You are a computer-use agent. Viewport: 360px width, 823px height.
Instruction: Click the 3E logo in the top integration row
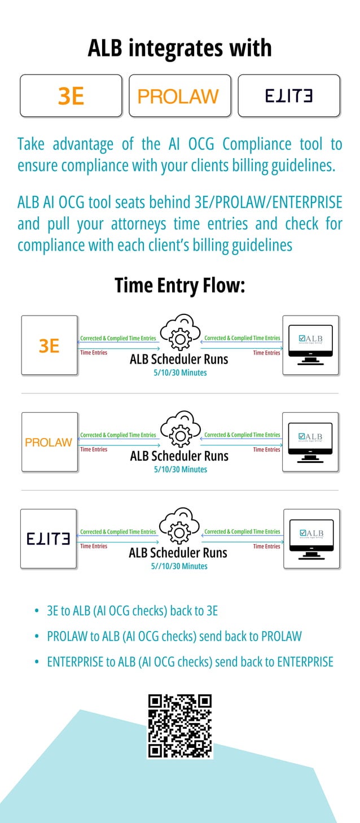pos(71,96)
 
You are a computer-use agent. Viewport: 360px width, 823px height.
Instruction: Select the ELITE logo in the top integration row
pos(288,96)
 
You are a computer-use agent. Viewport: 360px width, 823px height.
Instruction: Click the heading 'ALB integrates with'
pos(179,48)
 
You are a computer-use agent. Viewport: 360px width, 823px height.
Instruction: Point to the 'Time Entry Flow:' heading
pos(179,285)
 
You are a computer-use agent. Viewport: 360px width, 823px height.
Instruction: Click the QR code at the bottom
pos(179,726)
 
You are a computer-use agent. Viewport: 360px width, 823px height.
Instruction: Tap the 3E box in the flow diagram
pos(50,345)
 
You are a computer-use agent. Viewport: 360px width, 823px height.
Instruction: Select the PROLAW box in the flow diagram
pos(50,442)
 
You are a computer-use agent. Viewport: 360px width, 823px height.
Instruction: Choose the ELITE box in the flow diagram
pos(49,539)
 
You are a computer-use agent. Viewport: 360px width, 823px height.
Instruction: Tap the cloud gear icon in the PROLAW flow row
pos(179,431)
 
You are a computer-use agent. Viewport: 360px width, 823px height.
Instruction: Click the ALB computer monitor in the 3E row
pos(310,345)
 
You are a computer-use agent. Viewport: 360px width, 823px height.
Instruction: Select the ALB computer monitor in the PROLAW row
pos(310,442)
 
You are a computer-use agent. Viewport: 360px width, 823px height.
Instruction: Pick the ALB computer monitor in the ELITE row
pos(310,539)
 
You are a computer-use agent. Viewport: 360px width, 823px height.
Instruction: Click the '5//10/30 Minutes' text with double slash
pos(180,566)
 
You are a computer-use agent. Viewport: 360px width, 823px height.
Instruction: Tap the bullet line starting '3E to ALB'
pos(132,611)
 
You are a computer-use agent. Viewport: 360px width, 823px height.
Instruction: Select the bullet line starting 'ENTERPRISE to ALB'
pos(190,662)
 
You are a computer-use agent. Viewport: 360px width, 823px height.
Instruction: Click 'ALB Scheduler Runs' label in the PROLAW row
pos(179,456)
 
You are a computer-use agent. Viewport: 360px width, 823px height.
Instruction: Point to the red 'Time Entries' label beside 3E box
pos(94,353)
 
